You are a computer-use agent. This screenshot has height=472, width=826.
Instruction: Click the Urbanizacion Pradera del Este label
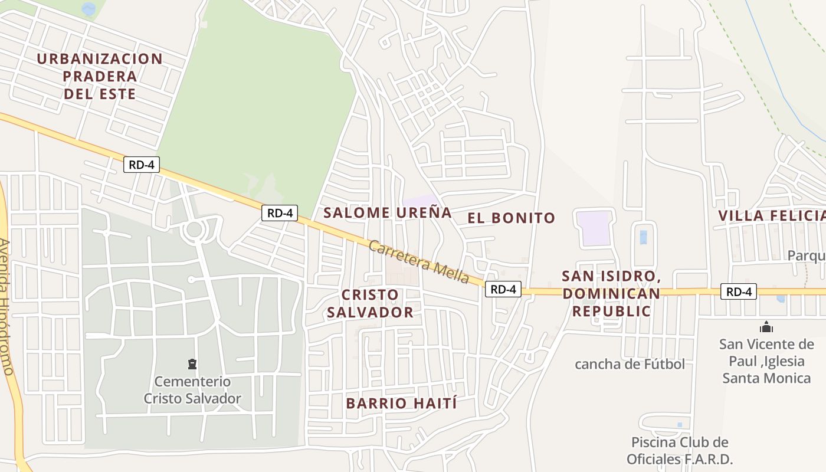pos(100,76)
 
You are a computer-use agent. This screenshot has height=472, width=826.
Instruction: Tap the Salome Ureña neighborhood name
pos(388,212)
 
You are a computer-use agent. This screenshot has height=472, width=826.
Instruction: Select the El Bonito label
pos(512,218)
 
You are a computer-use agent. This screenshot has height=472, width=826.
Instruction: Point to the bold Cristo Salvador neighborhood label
pos(371,303)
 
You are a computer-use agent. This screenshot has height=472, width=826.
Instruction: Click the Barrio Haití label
pos(402,404)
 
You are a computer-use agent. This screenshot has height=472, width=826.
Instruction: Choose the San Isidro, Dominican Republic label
pos(611,293)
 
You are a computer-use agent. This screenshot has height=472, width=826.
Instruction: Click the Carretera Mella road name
pos(418,263)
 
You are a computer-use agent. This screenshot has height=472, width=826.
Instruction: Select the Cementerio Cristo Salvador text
pos(192,390)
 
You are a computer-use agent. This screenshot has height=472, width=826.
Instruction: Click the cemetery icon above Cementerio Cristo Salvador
pos(192,363)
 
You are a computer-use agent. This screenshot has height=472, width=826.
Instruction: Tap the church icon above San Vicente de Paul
pos(766,327)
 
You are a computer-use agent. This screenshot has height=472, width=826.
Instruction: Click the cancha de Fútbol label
pos(630,364)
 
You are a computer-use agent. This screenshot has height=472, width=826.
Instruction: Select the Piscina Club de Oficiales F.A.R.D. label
pos(680,451)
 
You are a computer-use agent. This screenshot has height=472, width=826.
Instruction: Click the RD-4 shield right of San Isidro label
pos(738,291)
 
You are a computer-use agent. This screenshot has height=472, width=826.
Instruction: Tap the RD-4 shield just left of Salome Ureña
pos(280,213)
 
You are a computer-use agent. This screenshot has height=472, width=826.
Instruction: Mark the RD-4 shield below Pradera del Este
pos(142,165)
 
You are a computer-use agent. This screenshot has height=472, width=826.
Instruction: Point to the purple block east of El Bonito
pos(594,228)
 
